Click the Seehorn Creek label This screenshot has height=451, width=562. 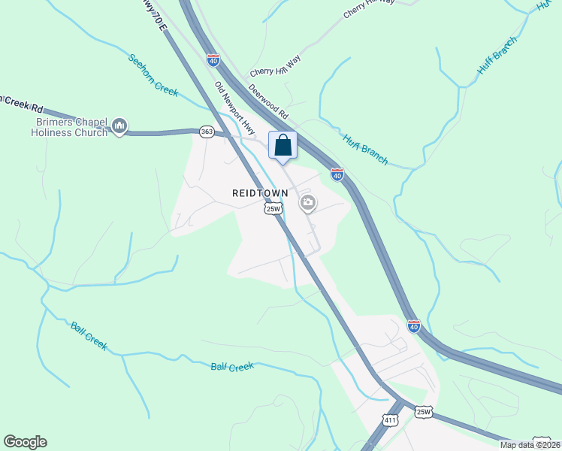click(x=153, y=75)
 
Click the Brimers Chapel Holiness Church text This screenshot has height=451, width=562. click(x=70, y=127)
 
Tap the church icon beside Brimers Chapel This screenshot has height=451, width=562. click(x=119, y=126)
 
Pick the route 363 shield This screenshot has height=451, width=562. click(x=207, y=132)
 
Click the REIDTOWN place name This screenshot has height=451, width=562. click(x=260, y=193)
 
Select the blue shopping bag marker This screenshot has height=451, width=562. click(x=283, y=145)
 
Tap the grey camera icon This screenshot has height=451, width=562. click(x=307, y=203)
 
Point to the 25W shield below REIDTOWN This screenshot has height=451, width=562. click(x=273, y=209)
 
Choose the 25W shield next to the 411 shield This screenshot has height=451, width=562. click(x=424, y=411)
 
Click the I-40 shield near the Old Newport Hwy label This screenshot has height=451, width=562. click(x=213, y=58)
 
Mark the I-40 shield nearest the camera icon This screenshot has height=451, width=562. click(x=337, y=174)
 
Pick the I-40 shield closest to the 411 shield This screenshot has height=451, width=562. click(x=414, y=326)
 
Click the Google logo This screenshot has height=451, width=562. click(x=26, y=442)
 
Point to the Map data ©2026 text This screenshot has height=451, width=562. click(x=530, y=444)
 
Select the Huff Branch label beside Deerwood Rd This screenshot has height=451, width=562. click(x=366, y=150)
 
